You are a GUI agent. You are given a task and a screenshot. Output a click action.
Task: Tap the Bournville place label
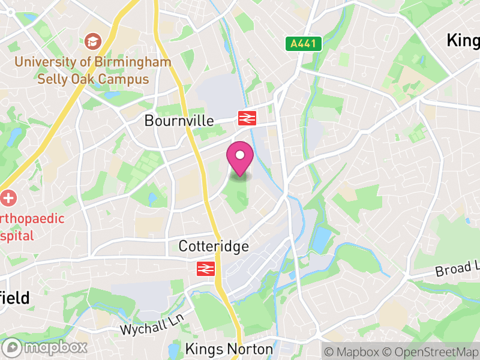[x=179, y=121]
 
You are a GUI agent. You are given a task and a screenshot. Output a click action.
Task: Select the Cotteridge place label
[x=214, y=246]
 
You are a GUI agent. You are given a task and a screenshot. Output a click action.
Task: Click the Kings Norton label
[x=229, y=349]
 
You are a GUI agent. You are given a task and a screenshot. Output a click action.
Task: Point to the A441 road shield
[x=304, y=43]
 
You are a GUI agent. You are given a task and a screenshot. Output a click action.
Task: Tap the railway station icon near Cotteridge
[x=205, y=268]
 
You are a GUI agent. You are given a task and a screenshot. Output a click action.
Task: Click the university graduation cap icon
[x=93, y=41]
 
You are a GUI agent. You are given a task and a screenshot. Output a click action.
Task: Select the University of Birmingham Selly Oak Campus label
[x=93, y=70]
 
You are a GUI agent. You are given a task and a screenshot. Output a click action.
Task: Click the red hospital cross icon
[x=8, y=198]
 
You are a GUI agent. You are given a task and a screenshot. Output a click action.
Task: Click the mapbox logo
[x=46, y=347]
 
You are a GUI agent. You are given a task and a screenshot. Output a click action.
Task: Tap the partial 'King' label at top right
[x=463, y=41]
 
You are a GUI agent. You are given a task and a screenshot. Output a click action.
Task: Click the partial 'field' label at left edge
[x=14, y=298]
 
